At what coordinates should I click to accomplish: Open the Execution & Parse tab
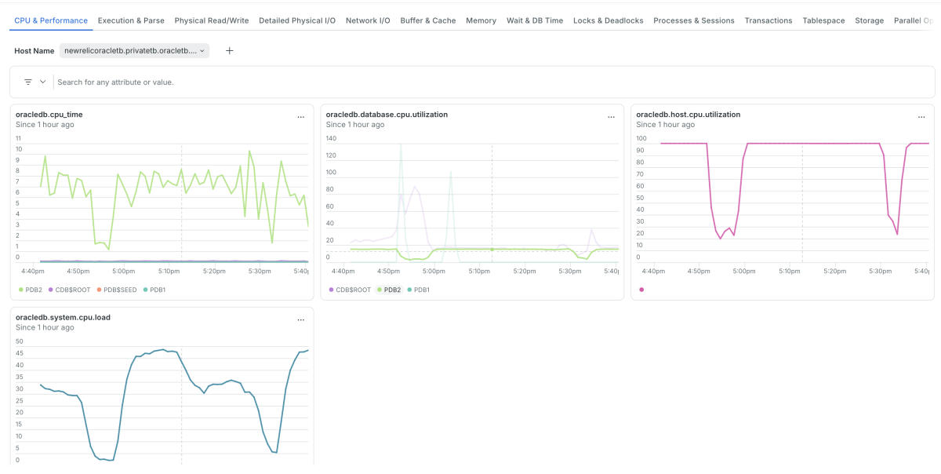tap(131, 20)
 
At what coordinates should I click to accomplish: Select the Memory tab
tap(481, 20)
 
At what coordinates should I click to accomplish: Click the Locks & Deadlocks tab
tap(608, 20)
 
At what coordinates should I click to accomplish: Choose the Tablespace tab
tap(823, 20)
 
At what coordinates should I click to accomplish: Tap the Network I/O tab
tap(368, 20)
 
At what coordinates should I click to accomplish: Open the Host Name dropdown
tap(134, 51)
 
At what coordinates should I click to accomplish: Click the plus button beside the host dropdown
tap(229, 51)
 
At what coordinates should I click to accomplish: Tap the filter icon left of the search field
tap(28, 82)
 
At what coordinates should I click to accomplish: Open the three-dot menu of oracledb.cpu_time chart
tap(301, 118)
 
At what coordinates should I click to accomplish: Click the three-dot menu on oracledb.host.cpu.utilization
tap(921, 118)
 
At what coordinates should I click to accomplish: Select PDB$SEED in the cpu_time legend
tap(117, 290)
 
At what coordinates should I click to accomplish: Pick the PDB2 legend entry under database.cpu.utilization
tap(389, 290)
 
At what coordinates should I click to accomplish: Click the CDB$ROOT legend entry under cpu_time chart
tap(69, 290)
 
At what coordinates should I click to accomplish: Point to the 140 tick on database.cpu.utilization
tap(331, 138)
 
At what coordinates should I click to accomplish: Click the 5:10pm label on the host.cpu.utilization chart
tap(790, 272)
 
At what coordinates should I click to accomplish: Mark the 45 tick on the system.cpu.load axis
tap(20, 353)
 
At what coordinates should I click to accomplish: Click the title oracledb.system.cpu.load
tap(63, 318)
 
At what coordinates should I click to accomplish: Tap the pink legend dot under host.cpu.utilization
tap(641, 290)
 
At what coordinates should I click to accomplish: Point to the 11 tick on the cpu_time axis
tap(18, 138)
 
